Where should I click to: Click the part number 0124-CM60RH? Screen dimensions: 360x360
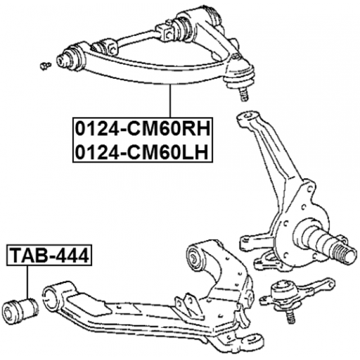143,129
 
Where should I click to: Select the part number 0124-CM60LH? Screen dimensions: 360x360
142,152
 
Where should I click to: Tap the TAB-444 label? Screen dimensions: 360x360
49,255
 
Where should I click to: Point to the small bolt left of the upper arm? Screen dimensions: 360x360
46,66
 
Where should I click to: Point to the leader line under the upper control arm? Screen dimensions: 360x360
170,101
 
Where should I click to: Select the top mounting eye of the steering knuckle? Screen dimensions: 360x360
249,116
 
